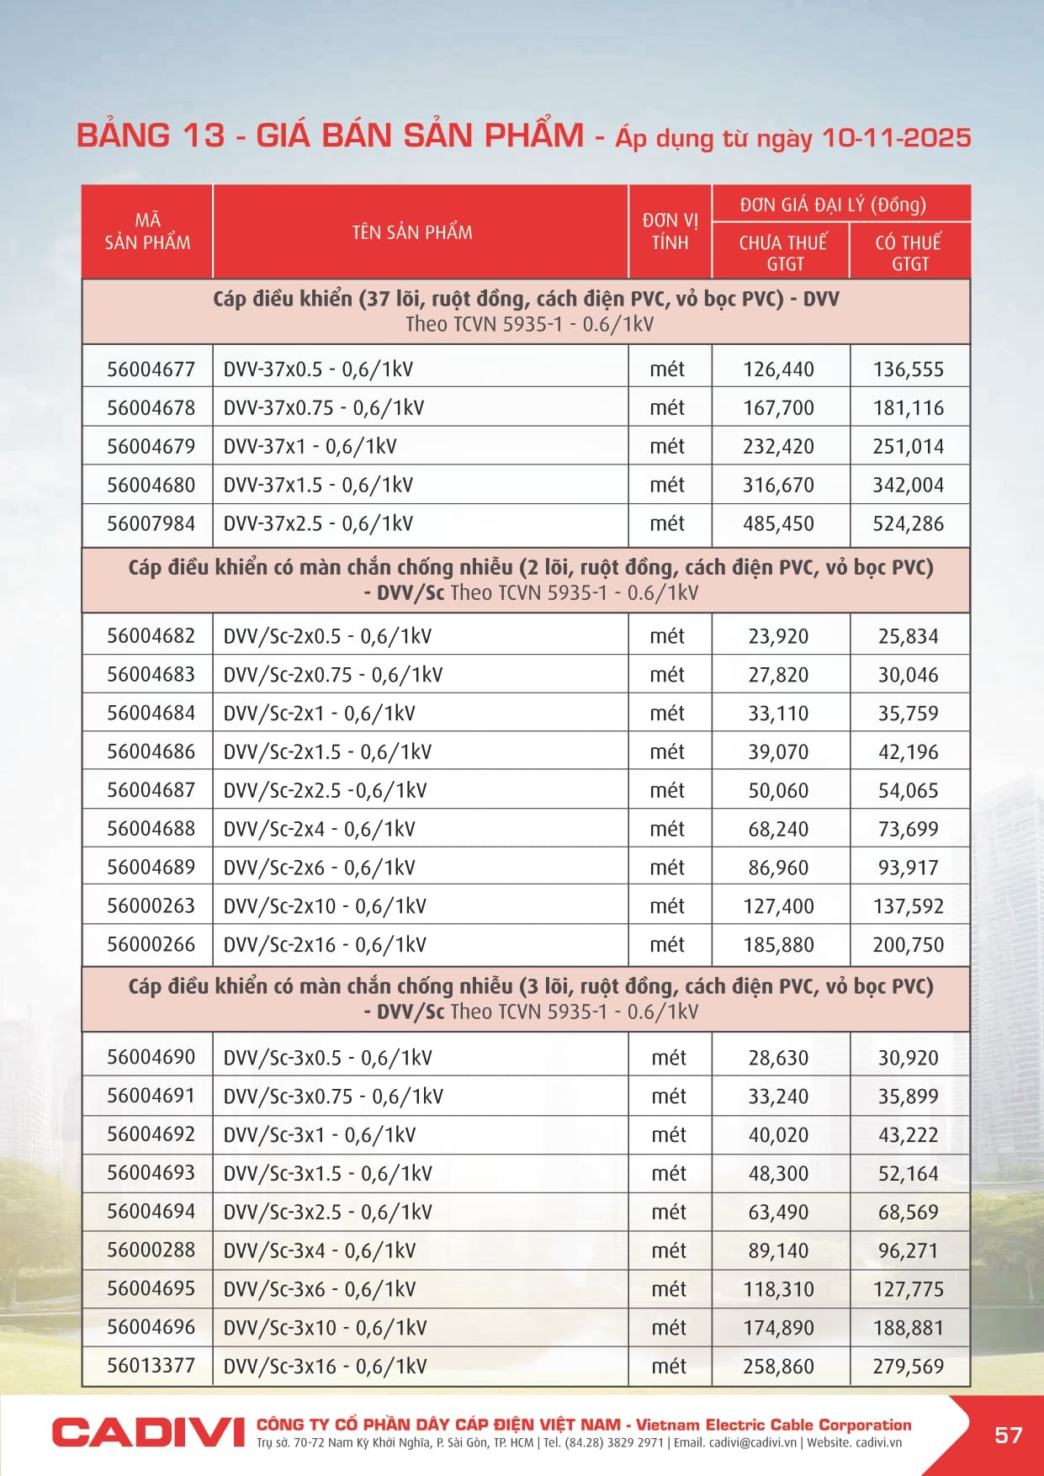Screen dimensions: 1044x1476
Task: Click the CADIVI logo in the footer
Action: click(x=147, y=1431)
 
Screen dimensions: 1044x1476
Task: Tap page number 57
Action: click(x=1008, y=1435)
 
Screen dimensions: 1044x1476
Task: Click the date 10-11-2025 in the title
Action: click(x=896, y=137)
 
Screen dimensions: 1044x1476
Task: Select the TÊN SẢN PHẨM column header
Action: click(x=412, y=232)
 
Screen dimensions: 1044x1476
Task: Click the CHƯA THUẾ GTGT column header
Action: click(x=783, y=252)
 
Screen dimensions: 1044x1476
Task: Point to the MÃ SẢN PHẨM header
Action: click(x=147, y=231)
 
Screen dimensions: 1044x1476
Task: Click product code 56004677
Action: click(x=151, y=369)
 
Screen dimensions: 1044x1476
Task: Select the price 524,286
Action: click(x=908, y=524)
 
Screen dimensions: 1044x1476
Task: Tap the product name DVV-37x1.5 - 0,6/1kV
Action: click(x=318, y=486)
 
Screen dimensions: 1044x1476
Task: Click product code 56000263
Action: click(x=151, y=906)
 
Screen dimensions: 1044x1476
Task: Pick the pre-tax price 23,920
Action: click(x=778, y=636)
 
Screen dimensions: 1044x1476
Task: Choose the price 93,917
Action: click(x=908, y=868)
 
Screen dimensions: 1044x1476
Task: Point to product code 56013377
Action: click(x=151, y=1366)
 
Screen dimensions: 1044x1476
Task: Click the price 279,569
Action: click(x=908, y=1367)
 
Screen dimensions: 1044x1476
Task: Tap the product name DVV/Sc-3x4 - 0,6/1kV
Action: click(x=320, y=1250)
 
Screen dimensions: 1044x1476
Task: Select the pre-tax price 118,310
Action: click(x=778, y=1289)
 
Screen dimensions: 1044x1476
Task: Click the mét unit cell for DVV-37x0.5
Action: click(x=667, y=369)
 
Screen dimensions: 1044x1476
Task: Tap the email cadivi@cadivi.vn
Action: click(x=752, y=1442)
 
